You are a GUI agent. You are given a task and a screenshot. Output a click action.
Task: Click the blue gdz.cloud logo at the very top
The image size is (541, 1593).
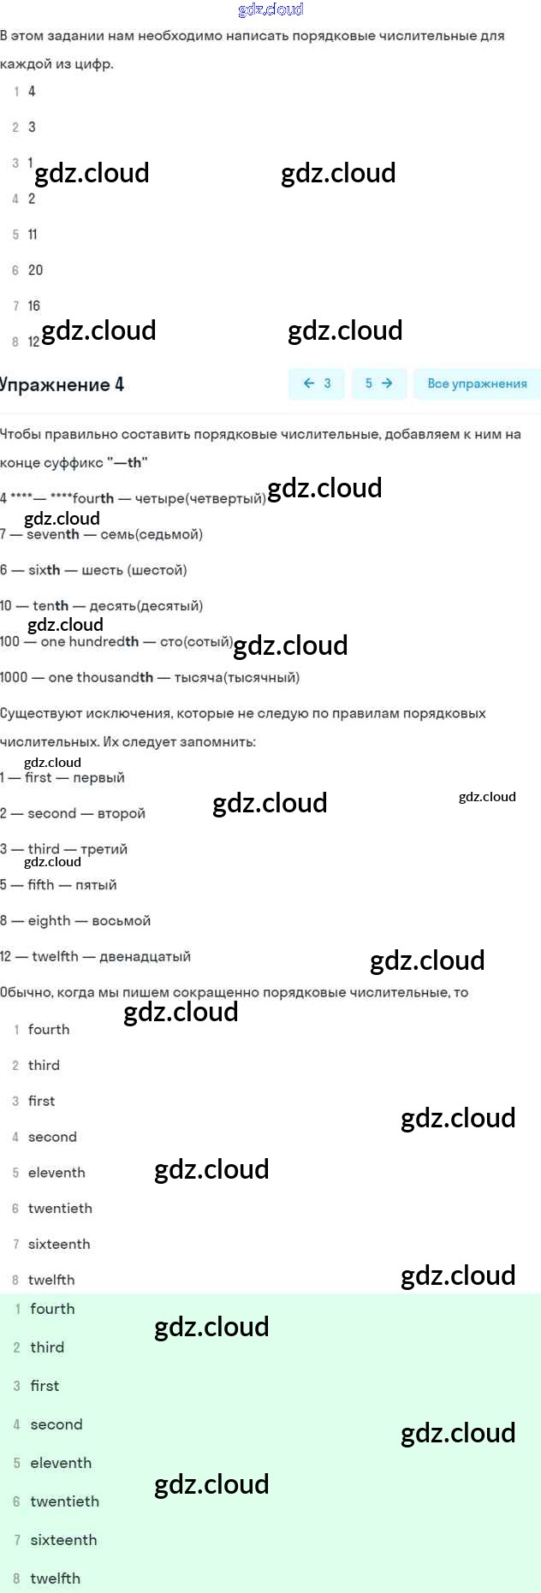click(x=270, y=9)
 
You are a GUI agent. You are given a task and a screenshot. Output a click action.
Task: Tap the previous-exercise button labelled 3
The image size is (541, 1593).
click(x=317, y=383)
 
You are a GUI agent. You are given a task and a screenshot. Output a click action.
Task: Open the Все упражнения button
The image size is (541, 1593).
click(x=477, y=383)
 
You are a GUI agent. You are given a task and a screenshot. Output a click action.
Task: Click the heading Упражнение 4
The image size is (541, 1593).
click(x=62, y=384)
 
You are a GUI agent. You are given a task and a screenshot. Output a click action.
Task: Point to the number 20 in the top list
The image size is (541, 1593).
click(x=35, y=270)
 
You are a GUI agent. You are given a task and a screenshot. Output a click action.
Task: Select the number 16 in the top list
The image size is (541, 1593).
click(x=34, y=306)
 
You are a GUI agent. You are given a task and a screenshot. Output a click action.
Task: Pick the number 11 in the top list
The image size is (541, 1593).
click(x=33, y=234)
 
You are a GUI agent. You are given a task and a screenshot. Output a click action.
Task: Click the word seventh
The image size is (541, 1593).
click(x=53, y=534)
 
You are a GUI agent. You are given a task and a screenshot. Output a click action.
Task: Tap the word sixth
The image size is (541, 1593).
click(x=45, y=570)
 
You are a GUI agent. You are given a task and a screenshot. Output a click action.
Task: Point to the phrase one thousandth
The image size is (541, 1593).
click(x=101, y=677)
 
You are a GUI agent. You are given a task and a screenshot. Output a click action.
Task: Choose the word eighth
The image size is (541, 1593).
click(x=49, y=920)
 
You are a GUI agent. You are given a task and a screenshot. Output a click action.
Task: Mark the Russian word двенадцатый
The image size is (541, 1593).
click(x=145, y=956)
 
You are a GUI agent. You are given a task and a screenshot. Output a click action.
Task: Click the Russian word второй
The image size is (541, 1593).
click(x=122, y=813)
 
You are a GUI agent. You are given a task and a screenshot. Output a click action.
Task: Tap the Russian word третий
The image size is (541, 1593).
click(x=104, y=849)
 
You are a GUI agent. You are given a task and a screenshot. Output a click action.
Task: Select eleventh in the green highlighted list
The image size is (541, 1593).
click(x=61, y=1463)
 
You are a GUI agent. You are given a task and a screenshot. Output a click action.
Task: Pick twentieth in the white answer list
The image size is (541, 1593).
click(x=60, y=1208)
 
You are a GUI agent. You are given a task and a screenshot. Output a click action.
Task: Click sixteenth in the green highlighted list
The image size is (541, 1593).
click(x=63, y=1540)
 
